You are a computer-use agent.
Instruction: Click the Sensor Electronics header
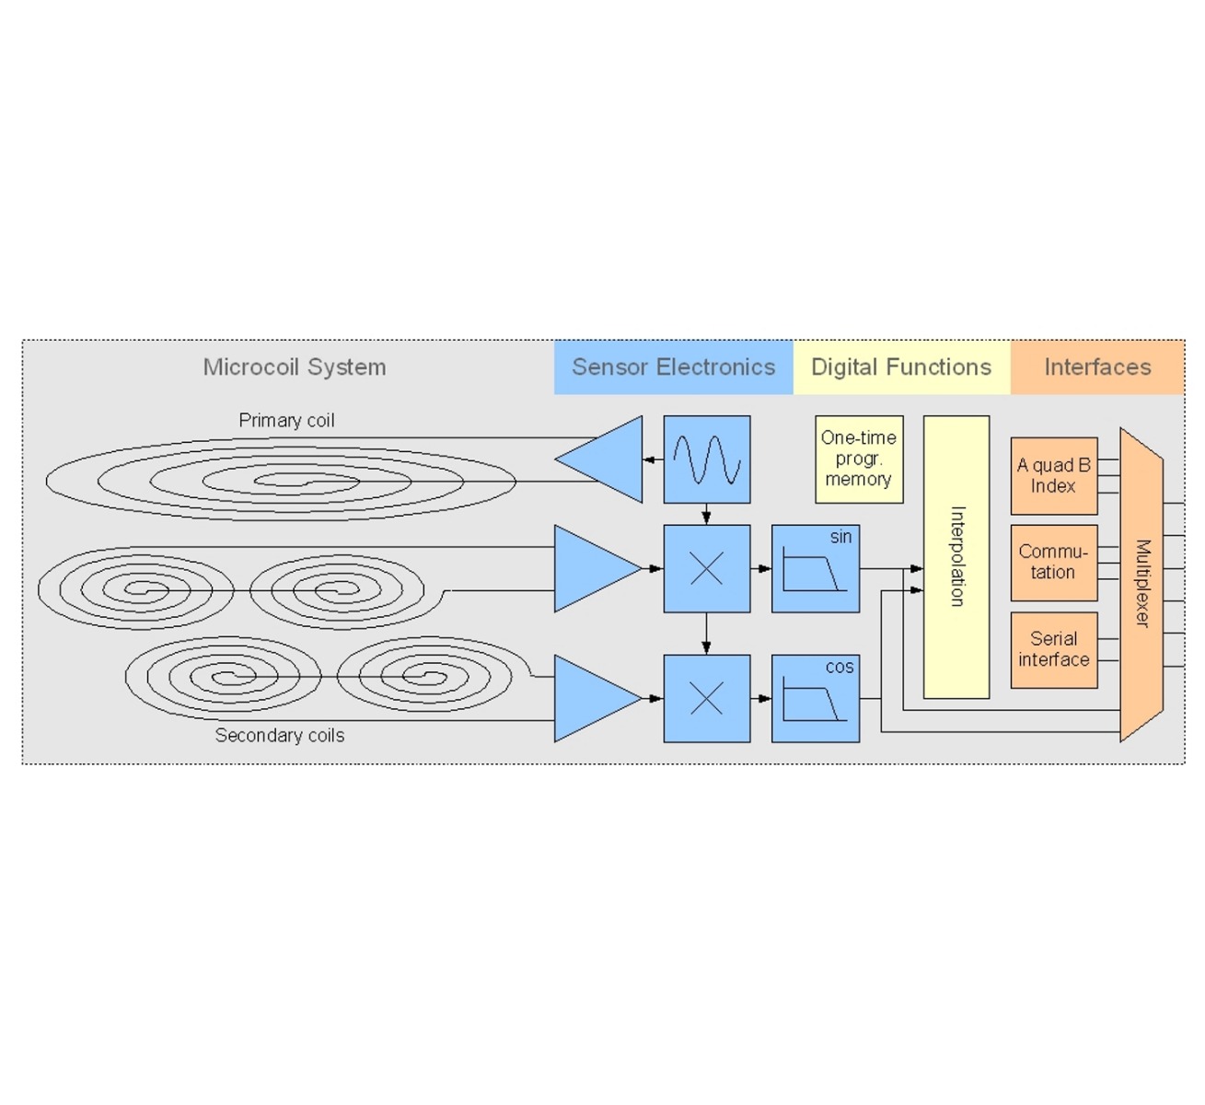tap(673, 367)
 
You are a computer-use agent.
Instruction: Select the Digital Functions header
tap(900, 367)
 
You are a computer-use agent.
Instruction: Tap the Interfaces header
tap(1096, 367)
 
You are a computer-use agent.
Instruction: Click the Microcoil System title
tap(295, 367)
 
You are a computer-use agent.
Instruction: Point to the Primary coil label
tap(286, 421)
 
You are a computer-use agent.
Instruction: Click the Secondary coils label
tap(280, 736)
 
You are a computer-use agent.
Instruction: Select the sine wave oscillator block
tap(707, 459)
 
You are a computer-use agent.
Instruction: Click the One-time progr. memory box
tap(858, 459)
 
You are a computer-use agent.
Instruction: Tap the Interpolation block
tap(956, 556)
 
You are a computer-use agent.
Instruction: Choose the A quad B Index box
tap(1053, 475)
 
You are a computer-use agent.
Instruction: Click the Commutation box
tap(1053, 563)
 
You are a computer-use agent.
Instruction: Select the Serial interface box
tap(1053, 649)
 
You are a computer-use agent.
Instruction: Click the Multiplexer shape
tap(1141, 584)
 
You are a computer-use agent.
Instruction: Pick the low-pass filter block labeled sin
tap(815, 569)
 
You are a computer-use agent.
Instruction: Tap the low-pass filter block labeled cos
tap(815, 699)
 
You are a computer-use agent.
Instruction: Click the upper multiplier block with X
tap(707, 569)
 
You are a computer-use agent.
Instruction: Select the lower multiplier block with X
tap(707, 699)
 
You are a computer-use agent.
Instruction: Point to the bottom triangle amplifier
tap(594, 699)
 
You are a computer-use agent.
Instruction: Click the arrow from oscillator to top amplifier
tap(653, 459)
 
